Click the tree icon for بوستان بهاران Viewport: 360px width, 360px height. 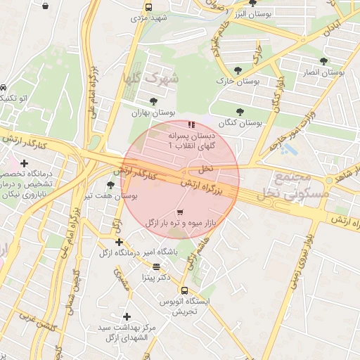click(x=153, y=101)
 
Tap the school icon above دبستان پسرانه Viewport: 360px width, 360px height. click(x=191, y=124)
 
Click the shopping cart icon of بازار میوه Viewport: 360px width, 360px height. click(x=180, y=212)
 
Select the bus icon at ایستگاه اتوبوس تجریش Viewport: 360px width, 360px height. click(x=184, y=290)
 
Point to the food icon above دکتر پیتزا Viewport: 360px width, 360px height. click(x=155, y=266)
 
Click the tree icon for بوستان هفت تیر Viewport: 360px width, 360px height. click(x=110, y=184)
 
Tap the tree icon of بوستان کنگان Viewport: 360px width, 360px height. click(x=240, y=112)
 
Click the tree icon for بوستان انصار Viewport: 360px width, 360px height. click(x=323, y=61)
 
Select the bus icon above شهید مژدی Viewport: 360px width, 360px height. click(x=148, y=7)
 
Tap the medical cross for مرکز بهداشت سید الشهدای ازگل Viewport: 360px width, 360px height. click(x=127, y=317)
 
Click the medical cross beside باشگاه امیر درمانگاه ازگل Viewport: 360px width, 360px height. click(x=119, y=242)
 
